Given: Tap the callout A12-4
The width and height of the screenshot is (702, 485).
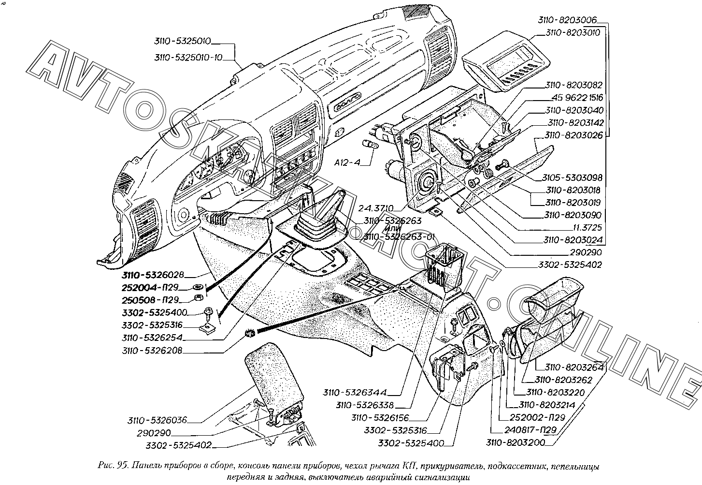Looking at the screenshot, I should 347,163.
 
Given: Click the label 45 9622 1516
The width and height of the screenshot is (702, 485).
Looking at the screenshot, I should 574,98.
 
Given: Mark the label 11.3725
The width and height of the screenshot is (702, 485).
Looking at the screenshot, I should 585,227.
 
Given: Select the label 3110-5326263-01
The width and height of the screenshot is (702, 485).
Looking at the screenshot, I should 399,236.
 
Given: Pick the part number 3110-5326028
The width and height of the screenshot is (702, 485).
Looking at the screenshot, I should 153,275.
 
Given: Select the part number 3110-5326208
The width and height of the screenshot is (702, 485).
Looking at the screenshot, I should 153,351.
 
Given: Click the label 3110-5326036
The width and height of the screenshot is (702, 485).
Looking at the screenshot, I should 158,420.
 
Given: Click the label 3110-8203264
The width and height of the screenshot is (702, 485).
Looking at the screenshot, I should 574,367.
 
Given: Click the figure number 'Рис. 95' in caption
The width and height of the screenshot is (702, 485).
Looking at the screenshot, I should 113,467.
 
